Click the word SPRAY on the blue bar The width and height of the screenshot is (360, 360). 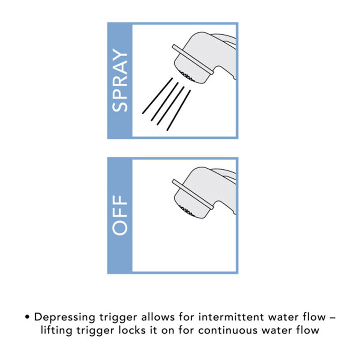coord(120,81)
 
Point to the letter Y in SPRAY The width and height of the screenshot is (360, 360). coord(120,58)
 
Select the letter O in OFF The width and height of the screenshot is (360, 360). coord(120,227)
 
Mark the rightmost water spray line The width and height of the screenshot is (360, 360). coord(179,110)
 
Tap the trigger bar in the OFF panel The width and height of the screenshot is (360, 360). coord(192,194)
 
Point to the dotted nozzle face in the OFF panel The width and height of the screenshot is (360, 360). coord(187,211)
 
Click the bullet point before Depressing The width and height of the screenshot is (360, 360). coord(28,317)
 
